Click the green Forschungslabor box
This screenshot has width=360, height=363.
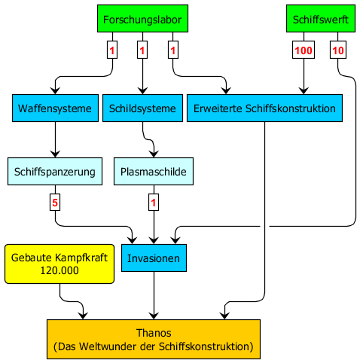(142, 19)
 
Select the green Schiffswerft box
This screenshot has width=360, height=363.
(321, 19)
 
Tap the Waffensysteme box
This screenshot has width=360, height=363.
(55, 108)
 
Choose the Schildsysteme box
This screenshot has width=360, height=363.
(142, 108)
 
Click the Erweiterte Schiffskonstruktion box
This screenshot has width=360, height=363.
(264, 108)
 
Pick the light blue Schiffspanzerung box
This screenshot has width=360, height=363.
(55, 172)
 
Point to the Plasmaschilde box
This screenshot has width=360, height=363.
(154, 172)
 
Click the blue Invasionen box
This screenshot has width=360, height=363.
(154, 258)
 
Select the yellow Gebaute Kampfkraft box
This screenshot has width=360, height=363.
(59, 264)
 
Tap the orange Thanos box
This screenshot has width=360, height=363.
(154, 339)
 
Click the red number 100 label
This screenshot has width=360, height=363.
(304, 50)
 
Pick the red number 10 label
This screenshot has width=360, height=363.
(338, 50)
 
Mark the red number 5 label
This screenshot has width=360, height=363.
(55, 203)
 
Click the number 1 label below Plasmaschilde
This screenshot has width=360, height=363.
(154, 203)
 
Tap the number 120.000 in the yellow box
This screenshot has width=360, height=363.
(59, 270)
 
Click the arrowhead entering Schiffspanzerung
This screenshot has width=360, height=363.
(55, 154)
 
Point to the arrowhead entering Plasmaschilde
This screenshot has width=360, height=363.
(154, 154)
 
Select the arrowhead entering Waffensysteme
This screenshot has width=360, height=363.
(55, 90)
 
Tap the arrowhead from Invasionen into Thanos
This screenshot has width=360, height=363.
(154, 316)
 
